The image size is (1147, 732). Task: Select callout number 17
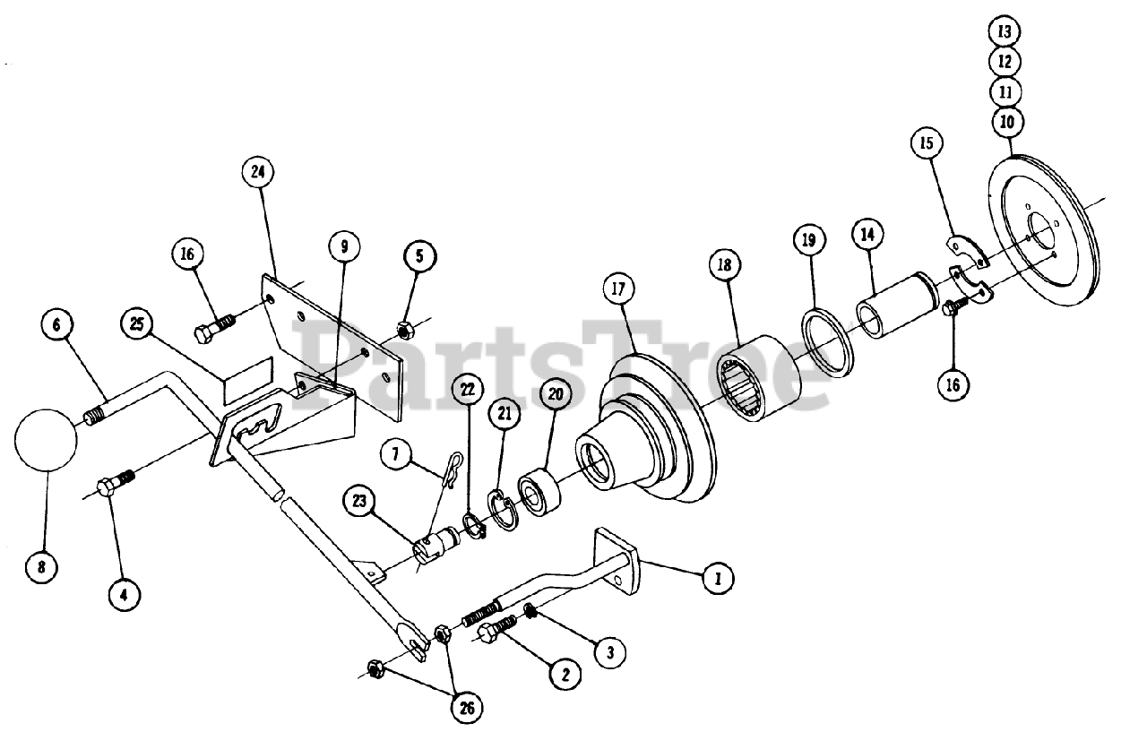pyautogui.click(x=619, y=289)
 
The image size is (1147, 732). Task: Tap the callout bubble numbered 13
pyautogui.click(x=1005, y=31)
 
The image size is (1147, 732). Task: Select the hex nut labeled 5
pyautogui.click(x=403, y=328)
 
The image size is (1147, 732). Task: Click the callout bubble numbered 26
pyautogui.click(x=465, y=708)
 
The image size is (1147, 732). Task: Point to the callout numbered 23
pyautogui.click(x=360, y=502)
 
